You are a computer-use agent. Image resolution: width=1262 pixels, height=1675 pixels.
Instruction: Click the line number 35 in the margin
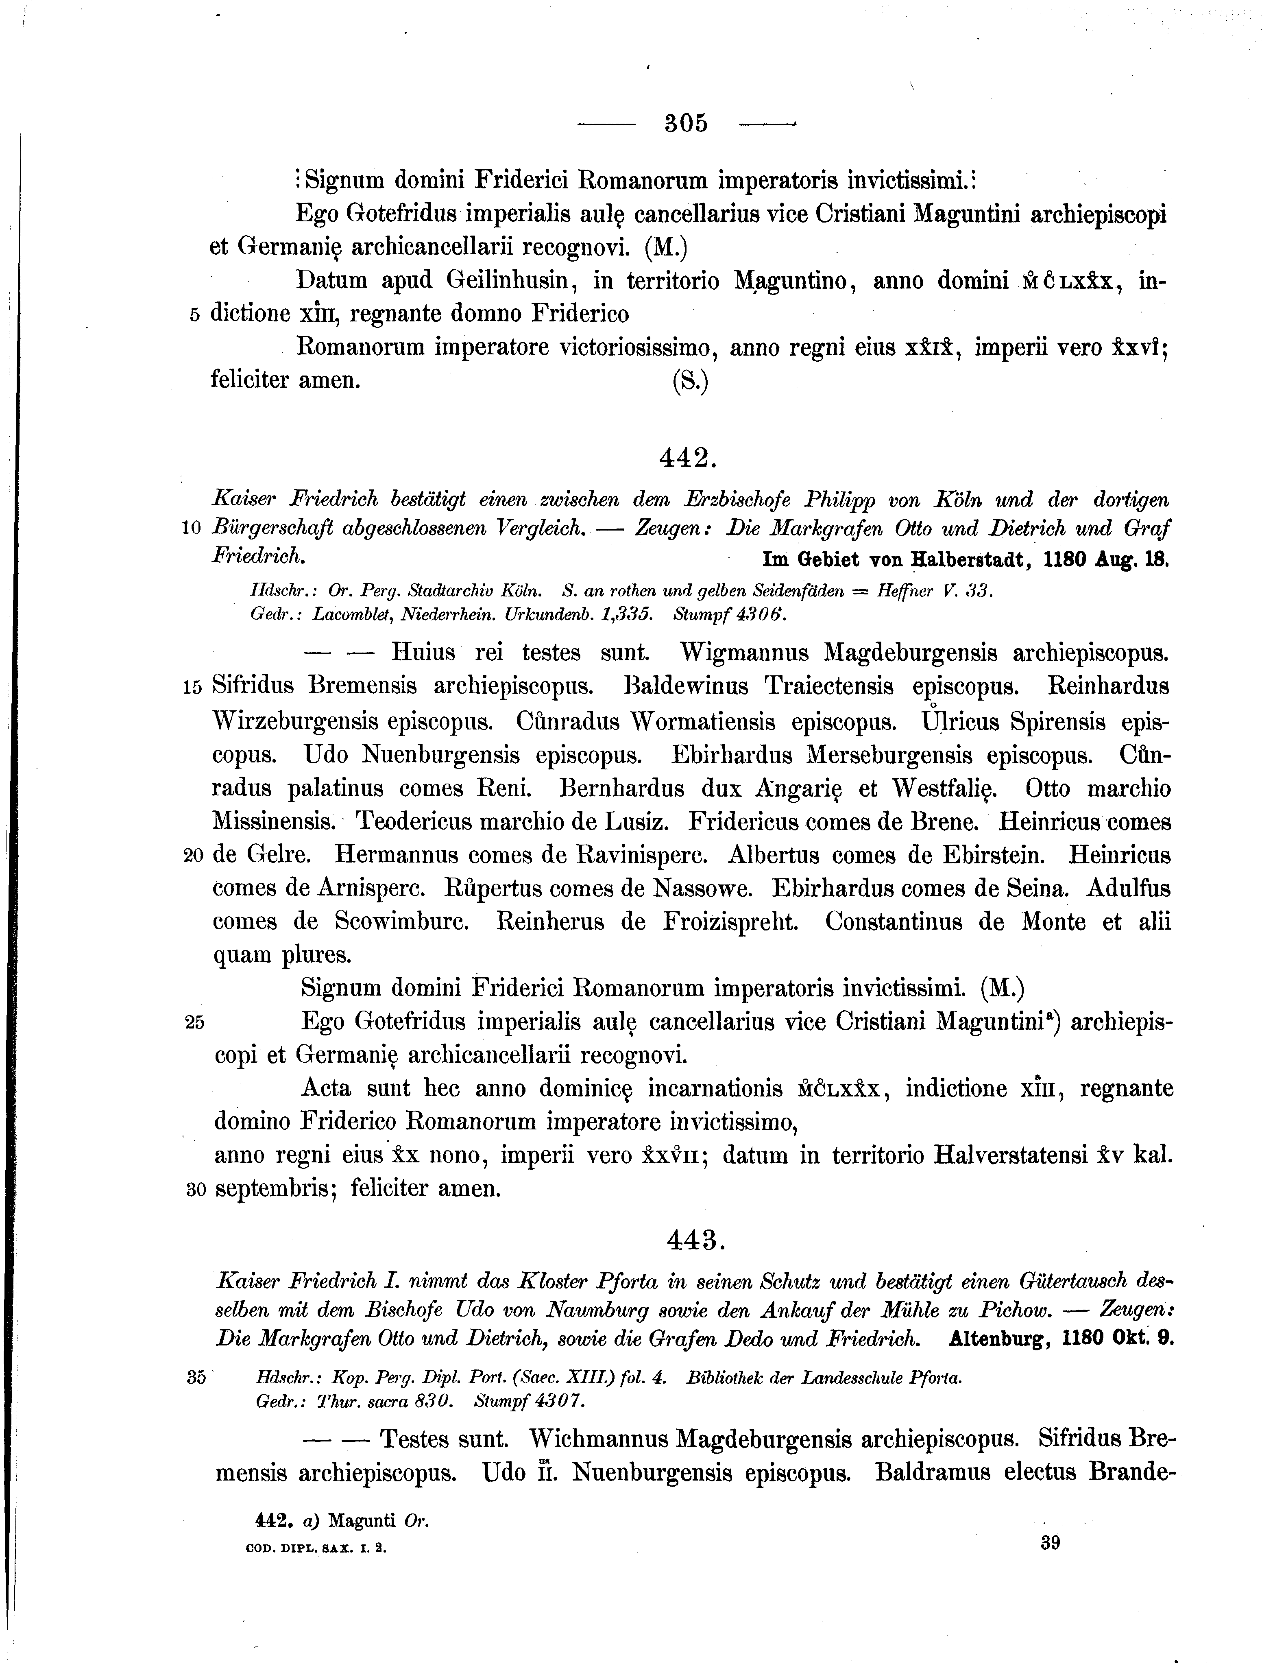coord(195,1377)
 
